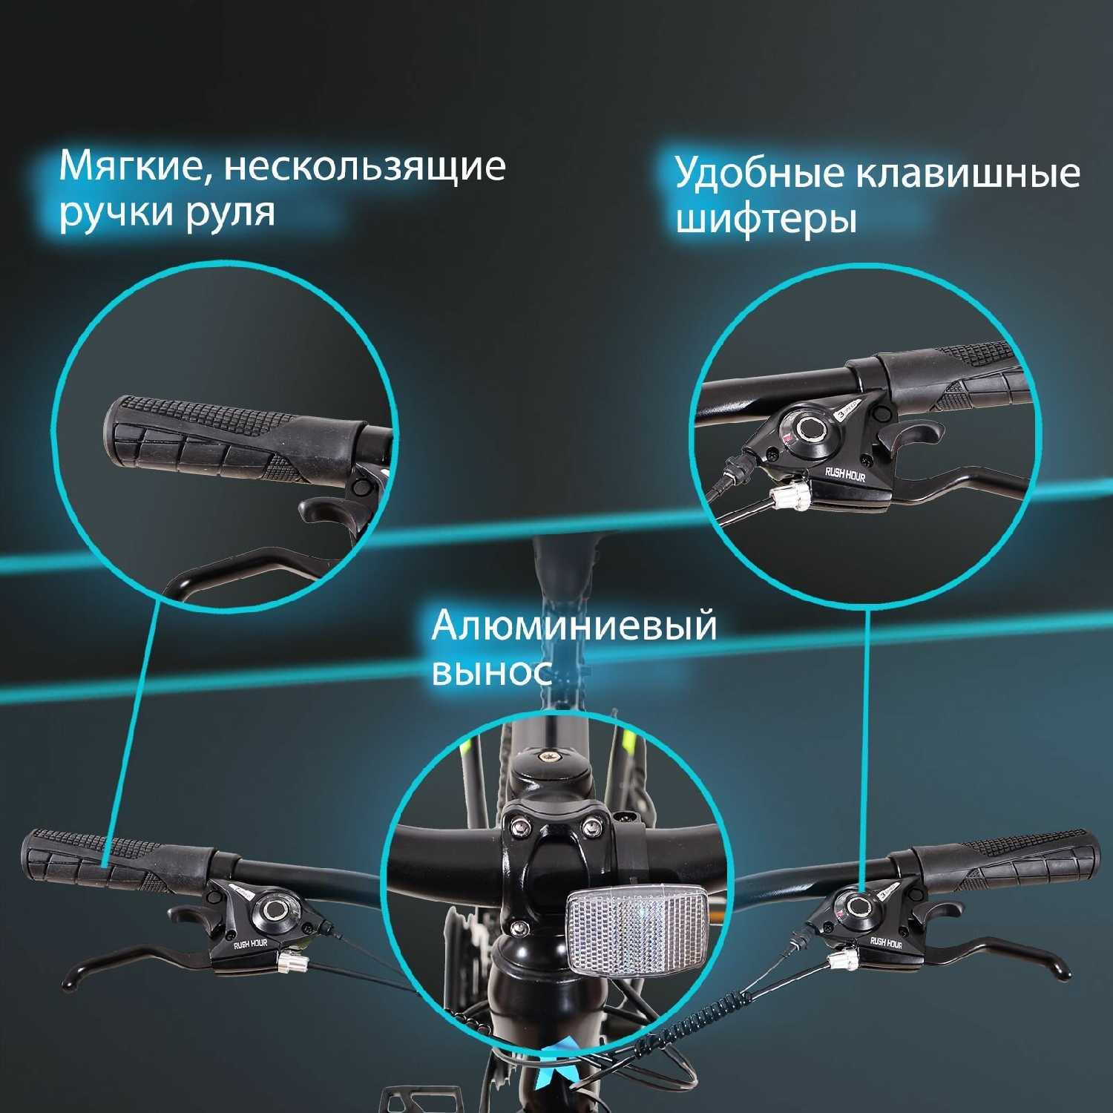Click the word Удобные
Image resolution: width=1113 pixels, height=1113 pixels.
click(x=757, y=174)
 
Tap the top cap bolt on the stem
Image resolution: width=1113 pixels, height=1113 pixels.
click(x=548, y=756)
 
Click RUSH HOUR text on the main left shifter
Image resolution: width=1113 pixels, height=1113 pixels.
click(x=251, y=944)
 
